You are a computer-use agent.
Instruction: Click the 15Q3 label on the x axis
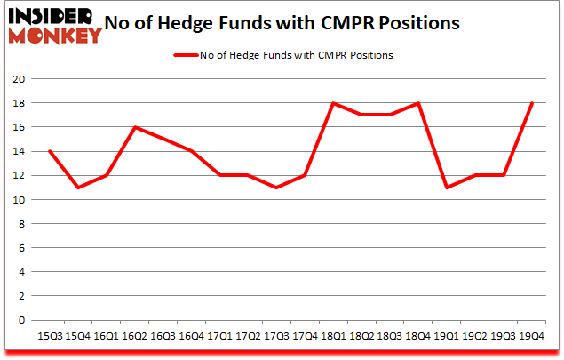49,336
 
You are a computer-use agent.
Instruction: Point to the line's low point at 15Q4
76,188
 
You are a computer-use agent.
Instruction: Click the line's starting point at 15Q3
49,151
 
